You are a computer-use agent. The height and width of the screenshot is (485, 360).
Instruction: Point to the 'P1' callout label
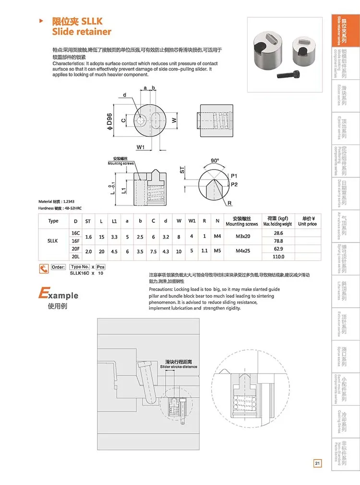[x=234, y=176]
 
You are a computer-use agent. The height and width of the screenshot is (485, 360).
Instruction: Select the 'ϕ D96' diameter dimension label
[x=109, y=122]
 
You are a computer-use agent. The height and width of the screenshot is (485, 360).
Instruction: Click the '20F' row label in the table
[x=75, y=249]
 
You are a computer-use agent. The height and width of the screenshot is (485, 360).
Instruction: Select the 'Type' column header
[x=53, y=221]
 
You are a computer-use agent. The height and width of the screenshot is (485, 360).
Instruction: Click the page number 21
[x=317, y=463]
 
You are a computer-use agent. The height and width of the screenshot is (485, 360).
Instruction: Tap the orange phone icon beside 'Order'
[x=44, y=268]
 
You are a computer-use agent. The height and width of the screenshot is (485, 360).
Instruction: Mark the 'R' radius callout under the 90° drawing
[x=229, y=204]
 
